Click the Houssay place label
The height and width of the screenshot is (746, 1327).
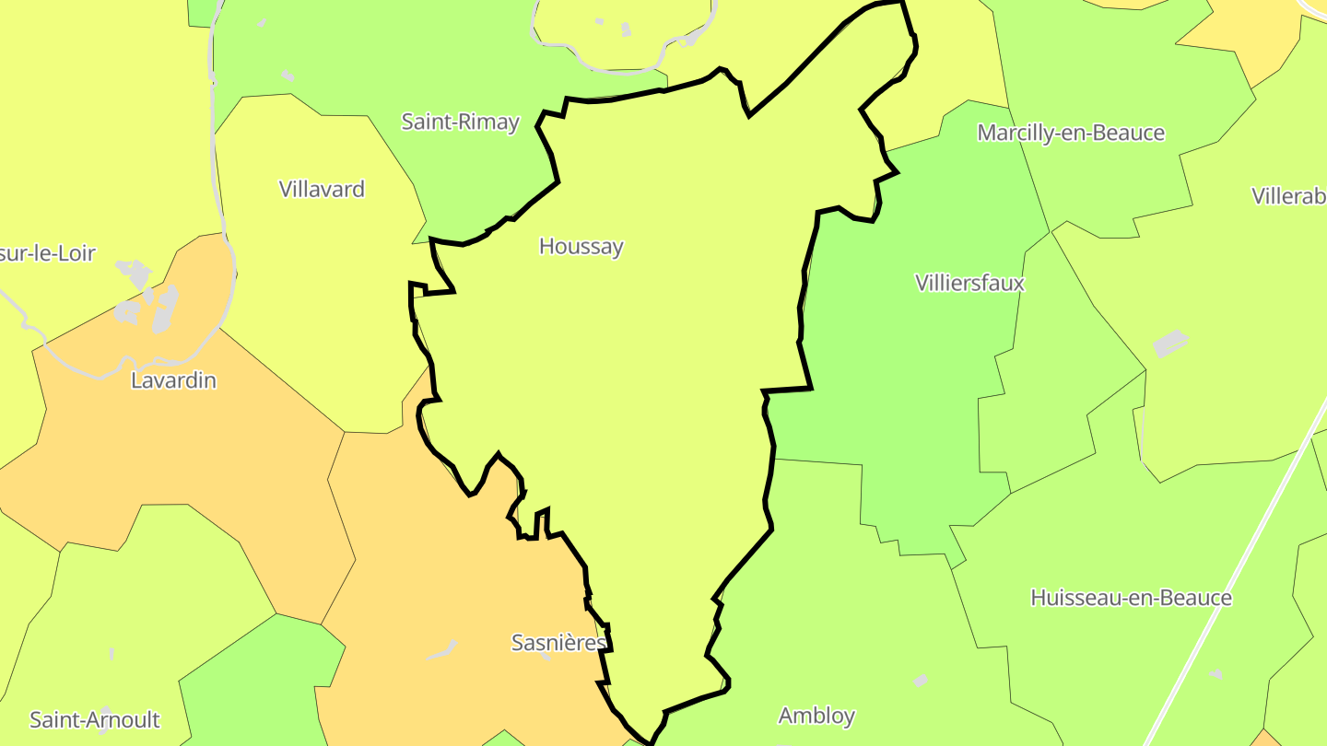[581, 247]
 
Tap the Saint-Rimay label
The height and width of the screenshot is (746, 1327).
[460, 122]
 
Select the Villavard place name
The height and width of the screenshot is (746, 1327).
[322, 190]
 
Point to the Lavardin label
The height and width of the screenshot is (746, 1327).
[173, 380]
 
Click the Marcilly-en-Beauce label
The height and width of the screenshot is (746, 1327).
[1071, 134]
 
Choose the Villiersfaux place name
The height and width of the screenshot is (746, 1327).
[969, 283]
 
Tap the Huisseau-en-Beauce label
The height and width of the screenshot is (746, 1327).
[1131, 598]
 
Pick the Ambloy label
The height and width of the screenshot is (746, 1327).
[816, 716]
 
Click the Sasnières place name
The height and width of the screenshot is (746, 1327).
[558, 643]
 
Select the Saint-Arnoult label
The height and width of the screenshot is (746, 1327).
[95, 720]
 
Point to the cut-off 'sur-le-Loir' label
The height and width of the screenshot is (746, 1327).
[48, 254]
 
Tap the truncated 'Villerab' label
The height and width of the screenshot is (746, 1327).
[1288, 196]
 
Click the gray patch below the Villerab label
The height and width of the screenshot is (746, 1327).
[1170, 344]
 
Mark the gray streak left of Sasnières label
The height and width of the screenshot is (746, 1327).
[442, 650]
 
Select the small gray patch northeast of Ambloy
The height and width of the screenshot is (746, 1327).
[920, 681]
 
